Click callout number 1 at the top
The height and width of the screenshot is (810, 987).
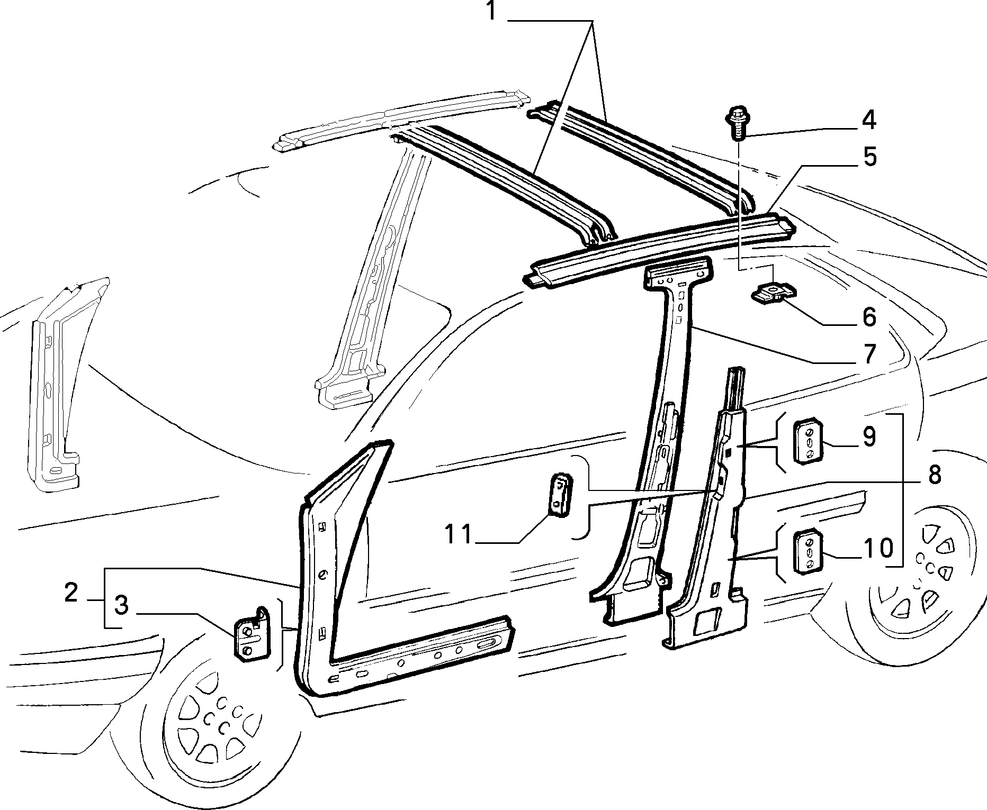point(491,11)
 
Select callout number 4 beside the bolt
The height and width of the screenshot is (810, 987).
point(868,121)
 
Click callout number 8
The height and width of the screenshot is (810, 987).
point(934,475)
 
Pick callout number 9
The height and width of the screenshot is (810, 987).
point(868,436)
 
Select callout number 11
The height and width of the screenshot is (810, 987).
point(459,534)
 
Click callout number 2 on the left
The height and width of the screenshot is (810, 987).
point(71,593)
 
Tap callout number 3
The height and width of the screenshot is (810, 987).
point(121,606)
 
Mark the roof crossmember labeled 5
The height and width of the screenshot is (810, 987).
point(659,248)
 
